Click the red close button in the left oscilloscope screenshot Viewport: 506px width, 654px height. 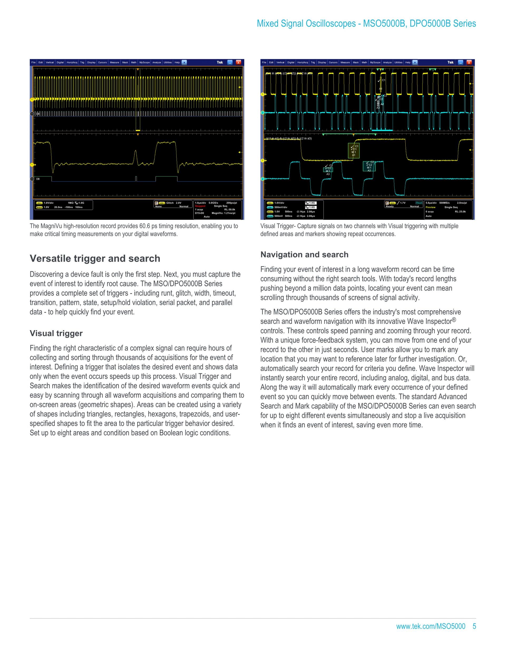click(x=238, y=62)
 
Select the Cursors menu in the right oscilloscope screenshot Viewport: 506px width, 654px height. click(x=333, y=62)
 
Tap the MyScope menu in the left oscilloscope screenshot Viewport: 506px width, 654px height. click(x=144, y=62)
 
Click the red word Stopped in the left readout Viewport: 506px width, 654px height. click(x=200, y=206)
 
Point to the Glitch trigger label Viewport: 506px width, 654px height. click(x=170, y=203)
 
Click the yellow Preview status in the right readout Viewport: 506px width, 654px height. click(x=430, y=207)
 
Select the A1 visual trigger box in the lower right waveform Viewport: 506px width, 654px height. click(x=354, y=151)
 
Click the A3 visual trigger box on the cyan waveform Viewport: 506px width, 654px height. click(x=328, y=170)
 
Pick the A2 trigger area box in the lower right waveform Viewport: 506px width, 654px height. click(x=369, y=166)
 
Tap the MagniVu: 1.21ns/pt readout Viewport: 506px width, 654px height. click(x=223, y=213)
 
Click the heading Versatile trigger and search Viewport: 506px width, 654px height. click(x=95, y=259)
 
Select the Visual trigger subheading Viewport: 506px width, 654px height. click(x=56, y=333)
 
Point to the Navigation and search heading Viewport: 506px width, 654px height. click(x=304, y=255)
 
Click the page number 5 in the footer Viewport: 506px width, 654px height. click(x=474, y=626)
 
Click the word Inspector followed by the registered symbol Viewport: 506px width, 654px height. click(x=438, y=321)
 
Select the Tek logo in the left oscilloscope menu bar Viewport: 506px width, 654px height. click(x=220, y=62)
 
